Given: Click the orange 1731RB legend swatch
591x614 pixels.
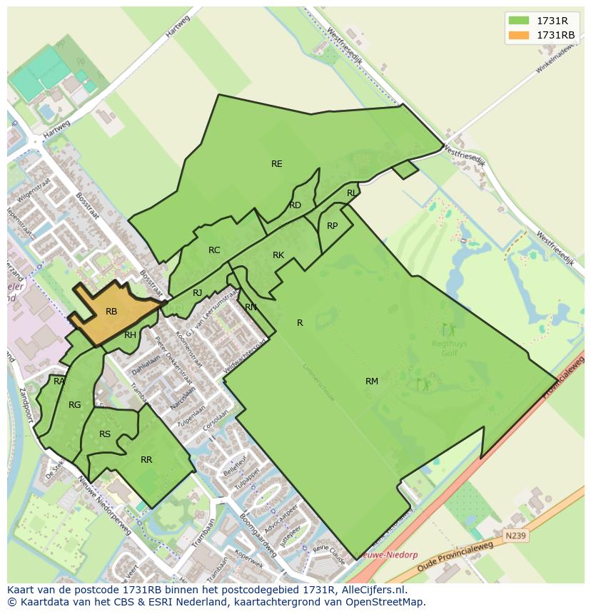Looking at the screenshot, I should click(x=519, y=35).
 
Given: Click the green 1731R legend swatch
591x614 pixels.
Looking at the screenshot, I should click(x=519, y=21).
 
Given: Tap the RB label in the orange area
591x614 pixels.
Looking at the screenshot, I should click(x=111, y=312).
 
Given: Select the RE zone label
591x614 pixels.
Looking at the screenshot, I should click(x=277, y=164).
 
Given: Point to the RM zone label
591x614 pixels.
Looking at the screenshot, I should click(x=372, y=382).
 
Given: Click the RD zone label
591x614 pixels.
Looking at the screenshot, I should click(x=295, y=205).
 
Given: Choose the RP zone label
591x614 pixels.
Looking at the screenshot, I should click(x=332, y=226).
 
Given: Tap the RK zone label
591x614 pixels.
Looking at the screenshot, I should click(x=278, y=255).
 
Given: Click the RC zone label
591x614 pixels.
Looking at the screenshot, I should click(x=214, y=250).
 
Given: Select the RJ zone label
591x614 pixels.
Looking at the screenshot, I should click(x=198, y=293).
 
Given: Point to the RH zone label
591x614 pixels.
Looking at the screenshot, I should click(x=130, y=335).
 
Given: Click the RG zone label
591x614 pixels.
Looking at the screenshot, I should click(x=74, y=405).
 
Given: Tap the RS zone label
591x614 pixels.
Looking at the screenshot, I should click(x=105, y=434).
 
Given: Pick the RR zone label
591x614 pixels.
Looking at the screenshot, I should click(x=146, y=460).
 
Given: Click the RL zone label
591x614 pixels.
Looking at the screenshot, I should click(x=352, y=193).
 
